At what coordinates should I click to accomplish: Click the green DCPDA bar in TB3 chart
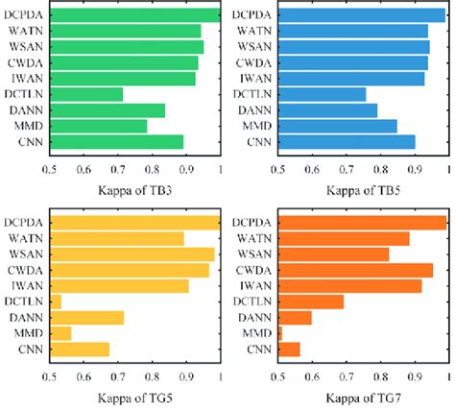click(135, 14)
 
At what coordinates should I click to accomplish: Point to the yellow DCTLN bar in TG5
click(56, 301)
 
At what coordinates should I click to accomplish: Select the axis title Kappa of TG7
click(364, 396)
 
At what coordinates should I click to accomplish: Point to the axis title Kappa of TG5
click(135, 396)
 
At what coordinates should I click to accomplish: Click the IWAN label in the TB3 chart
click(27, 79)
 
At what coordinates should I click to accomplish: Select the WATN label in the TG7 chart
click(254, 238)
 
